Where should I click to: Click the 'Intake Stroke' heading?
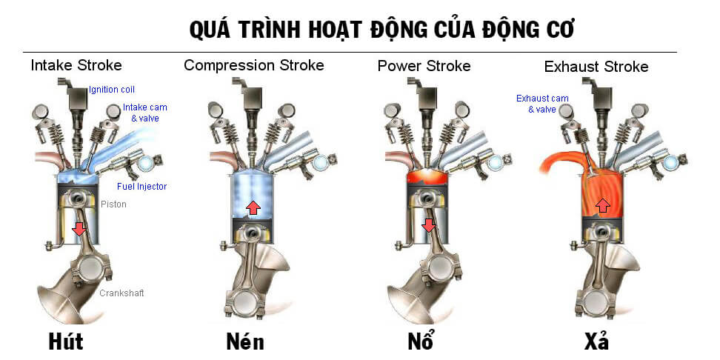pos(76,65)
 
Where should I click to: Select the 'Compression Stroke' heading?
pos(253,65)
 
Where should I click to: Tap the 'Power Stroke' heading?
pos(424,66)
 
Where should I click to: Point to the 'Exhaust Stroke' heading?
pos(596,67)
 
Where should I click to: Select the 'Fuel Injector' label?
pos(141,187)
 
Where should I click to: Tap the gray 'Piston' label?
pos(113,204)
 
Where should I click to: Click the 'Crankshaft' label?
pos(121,293)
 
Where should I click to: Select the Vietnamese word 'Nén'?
pos(244,342)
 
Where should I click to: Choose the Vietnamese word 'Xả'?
pos(596,342)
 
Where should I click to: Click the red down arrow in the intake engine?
pos(79,231)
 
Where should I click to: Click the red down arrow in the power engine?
pos(428,224)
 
